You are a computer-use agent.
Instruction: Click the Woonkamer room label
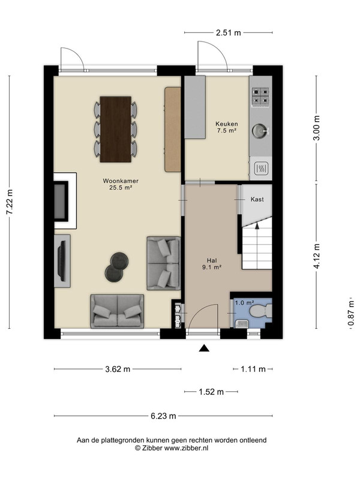(121, 181)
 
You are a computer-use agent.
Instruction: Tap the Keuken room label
(227, 124)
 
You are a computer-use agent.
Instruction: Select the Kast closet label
(257, 199)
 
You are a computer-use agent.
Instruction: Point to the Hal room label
(212, 260)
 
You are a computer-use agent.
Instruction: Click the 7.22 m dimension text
(10, 202)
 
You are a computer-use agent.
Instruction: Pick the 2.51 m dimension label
(229, 33)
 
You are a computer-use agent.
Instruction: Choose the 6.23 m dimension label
(163, 416)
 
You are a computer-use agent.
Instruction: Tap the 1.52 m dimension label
(211, 392)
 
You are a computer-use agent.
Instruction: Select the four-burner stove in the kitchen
(260, 96)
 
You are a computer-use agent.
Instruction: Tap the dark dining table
(116, 130)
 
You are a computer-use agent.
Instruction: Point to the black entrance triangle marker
(204, 348)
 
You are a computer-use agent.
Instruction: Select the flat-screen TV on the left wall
(62, 261)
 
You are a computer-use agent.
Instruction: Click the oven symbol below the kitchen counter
(261, 169)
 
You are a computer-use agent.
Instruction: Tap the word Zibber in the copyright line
(152, 448)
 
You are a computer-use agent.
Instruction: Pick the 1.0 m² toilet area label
(245, 303)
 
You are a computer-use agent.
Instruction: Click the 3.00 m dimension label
(317, 128)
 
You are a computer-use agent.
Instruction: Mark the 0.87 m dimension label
(351, 313)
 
